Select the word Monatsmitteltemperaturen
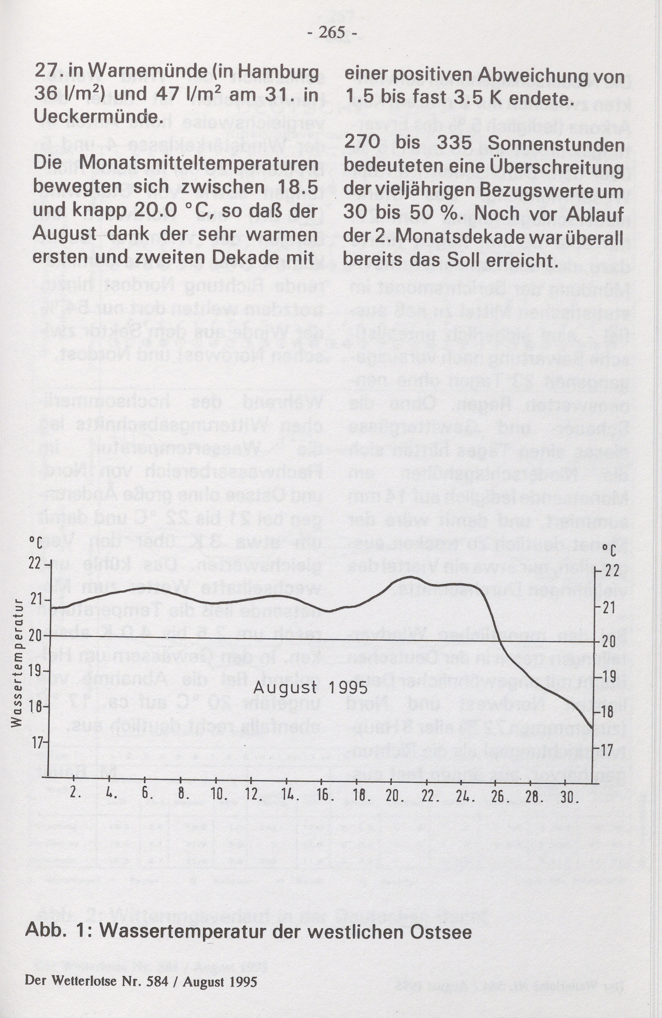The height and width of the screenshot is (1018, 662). tap(198, 165)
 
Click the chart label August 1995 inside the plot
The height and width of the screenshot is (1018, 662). tap(310, 687)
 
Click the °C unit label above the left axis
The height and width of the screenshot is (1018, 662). tap(35, 544)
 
